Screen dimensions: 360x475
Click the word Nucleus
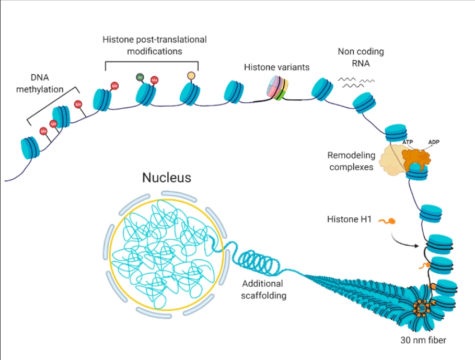pyautogui.click(x=167, y=178)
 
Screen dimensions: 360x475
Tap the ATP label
pyautogui.click(x=408, y=142)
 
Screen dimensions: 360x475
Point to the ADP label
pyautogui.click(x=434, y=142)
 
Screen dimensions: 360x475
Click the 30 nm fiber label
pyautogui.click(x=421, y=340)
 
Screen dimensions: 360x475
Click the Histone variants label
pyautogui.click(x=276, y=67)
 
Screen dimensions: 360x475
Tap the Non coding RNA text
pyautogui.click(x=361, y=56)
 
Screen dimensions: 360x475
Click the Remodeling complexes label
pyautogui.click(x=351, y=161)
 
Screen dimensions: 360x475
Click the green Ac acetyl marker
pyautogui.click(x=140, y=77)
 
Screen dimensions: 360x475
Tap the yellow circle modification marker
pyautogui.click(x=191, y=76)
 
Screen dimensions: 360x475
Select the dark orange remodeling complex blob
pyautogui.click(x=415, y=156)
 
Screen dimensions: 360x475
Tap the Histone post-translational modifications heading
pyautogui.click(x=154, y=45)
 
